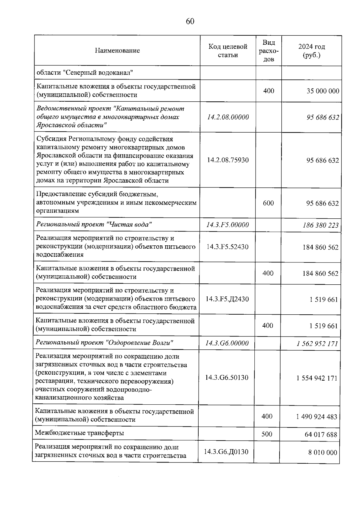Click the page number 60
(190, 21)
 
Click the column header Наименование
(117, 50)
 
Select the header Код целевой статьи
(228, 51)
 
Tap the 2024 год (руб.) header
(311, 51)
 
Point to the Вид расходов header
(268, 51)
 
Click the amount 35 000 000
(323, 91)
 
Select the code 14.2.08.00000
(228, 117)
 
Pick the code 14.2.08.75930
(228, 160)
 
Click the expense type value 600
(268, 203)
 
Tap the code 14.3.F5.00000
(228, 225)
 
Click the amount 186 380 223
(321, 225)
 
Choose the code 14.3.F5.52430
(228, 247)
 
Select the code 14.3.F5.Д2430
(227, 299)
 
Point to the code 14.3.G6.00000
(227, 343)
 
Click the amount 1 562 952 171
(317, 344)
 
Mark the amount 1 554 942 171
(317, 378)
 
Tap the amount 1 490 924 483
(316, 417)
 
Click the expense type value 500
(267, 434)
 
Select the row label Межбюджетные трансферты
(79, 433)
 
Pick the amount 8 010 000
(322, 452)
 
